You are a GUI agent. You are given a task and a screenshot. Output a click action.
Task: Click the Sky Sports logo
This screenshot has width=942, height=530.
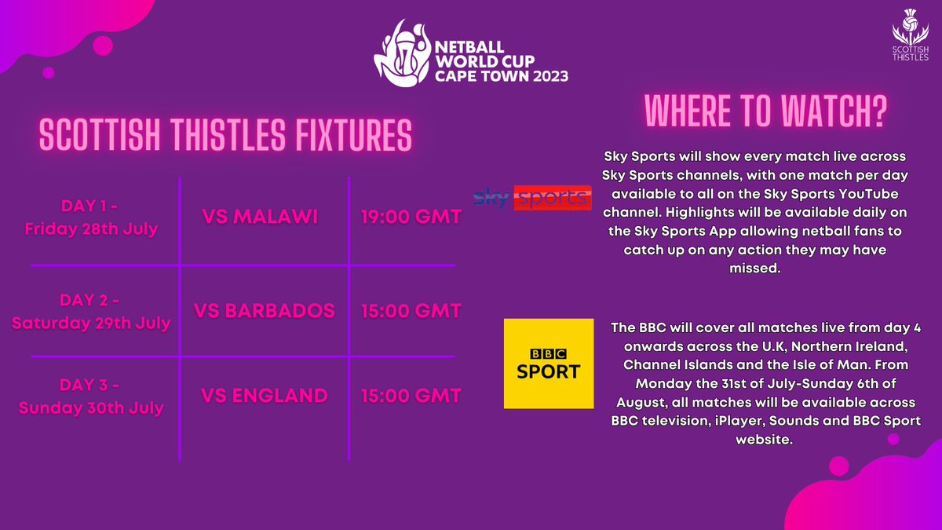pyautogui.click(x=532, y=198)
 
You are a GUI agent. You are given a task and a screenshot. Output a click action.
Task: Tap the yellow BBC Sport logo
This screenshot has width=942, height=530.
pyautogui.click(x=548, y=364)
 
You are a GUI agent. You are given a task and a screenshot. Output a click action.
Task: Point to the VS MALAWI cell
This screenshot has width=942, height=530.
pyautogui.click(x=259, y=217)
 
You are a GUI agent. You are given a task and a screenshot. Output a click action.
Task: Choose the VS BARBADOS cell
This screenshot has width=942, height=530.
pyautogui.click(x=268, y=310)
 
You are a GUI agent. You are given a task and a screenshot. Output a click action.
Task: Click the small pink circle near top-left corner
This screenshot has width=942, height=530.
pyautogui.click(x=49, y=72)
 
